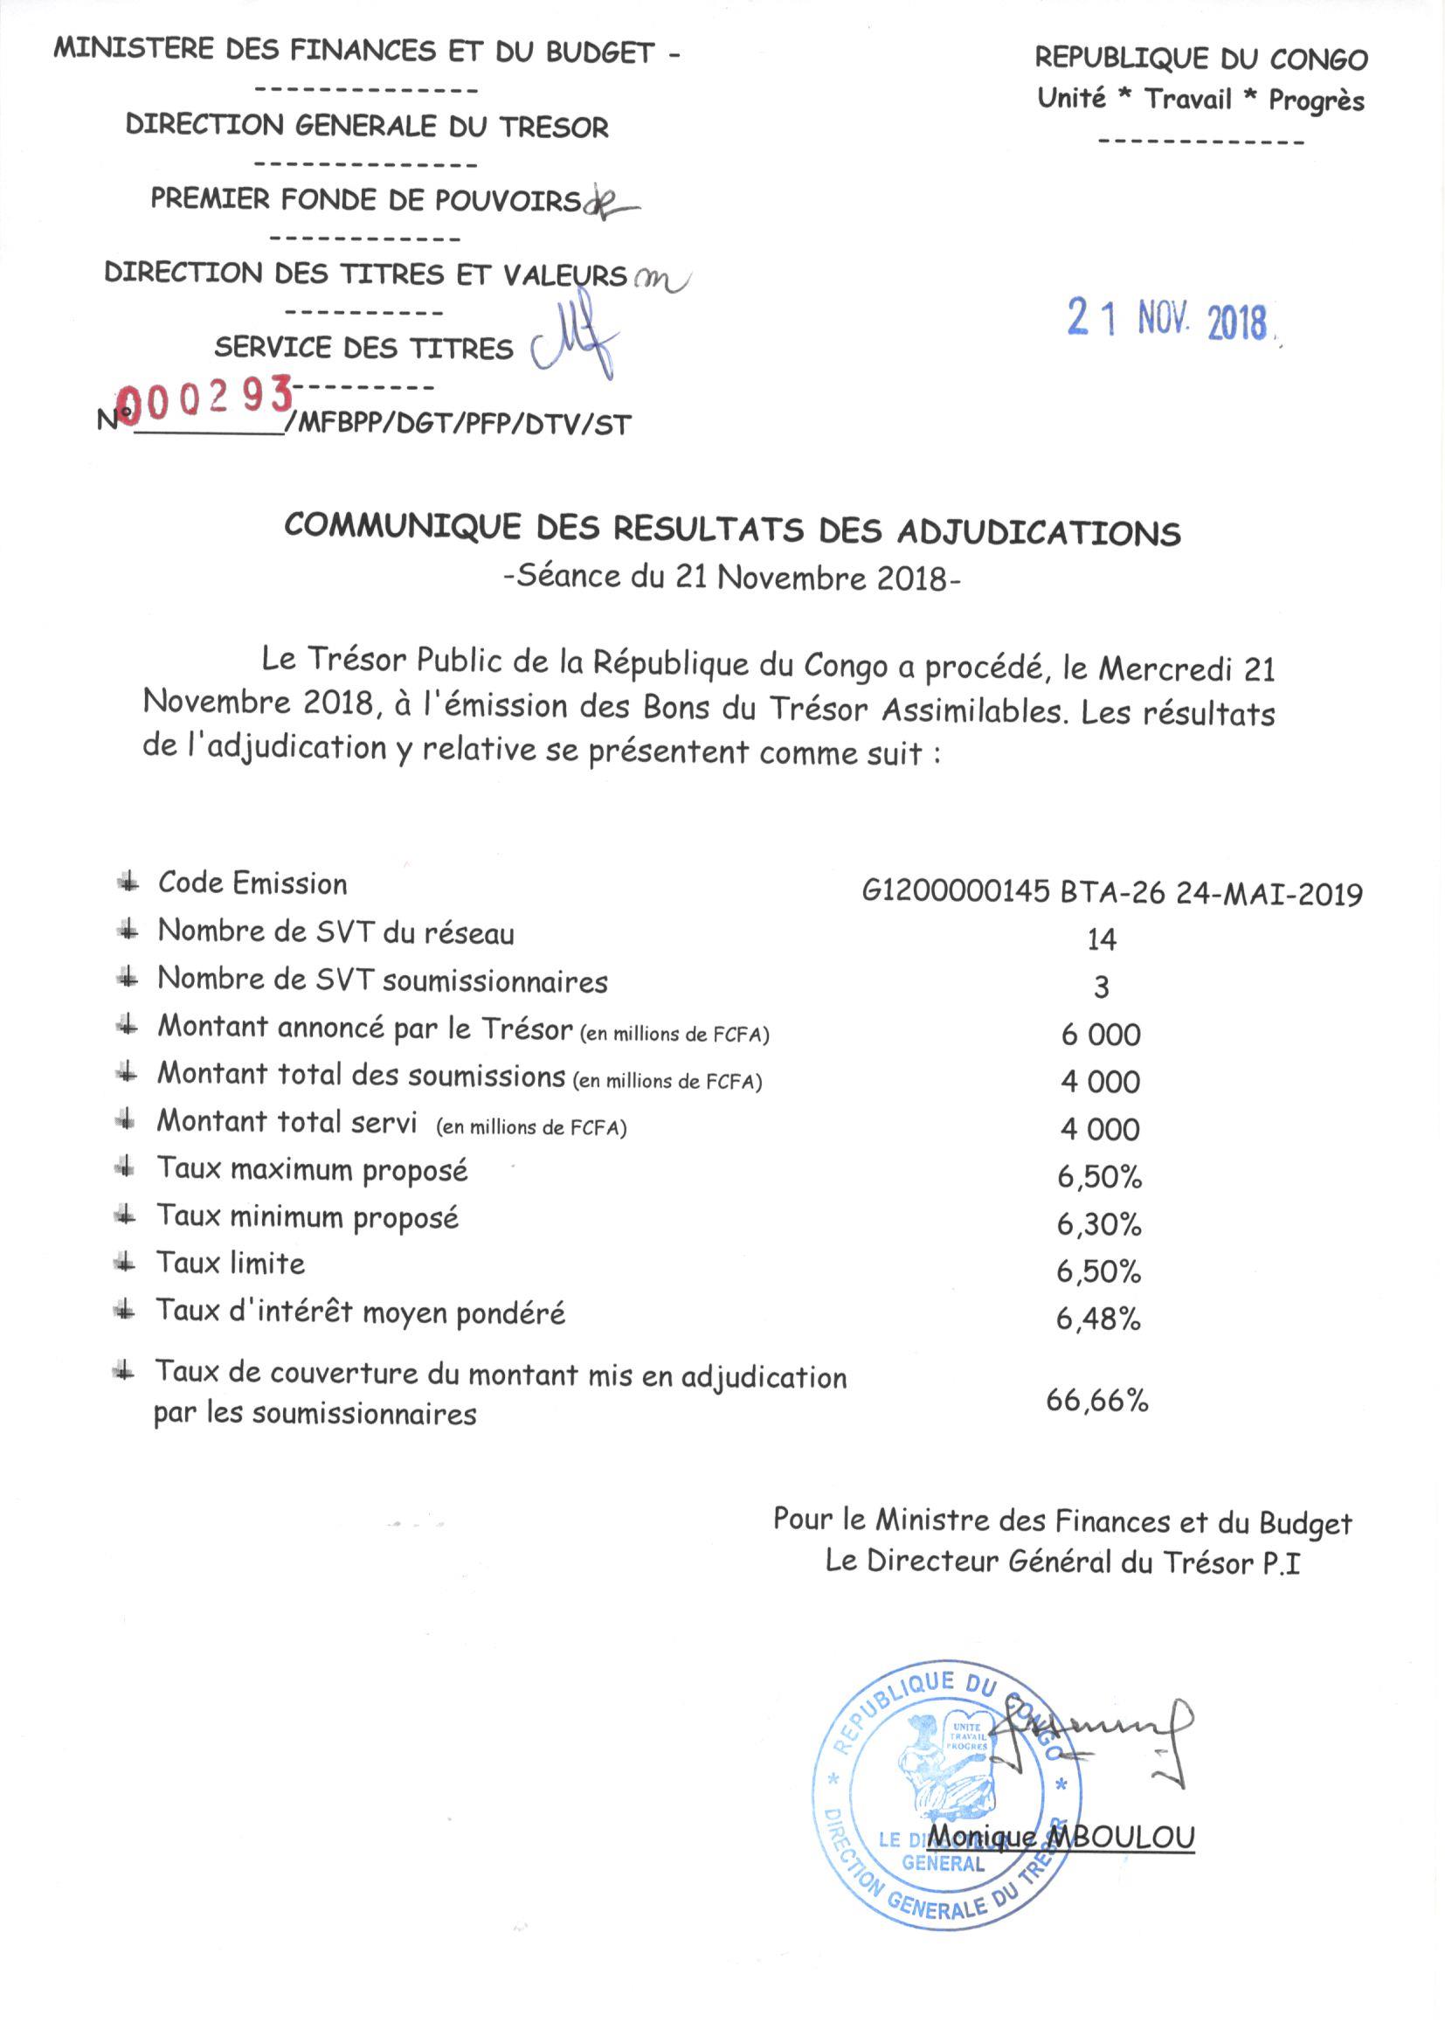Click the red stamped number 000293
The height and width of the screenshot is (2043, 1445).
tap(206, 397)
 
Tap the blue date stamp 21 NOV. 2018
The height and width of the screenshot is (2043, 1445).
tap(1167, 320)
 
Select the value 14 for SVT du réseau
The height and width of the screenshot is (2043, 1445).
tap(1102, 939)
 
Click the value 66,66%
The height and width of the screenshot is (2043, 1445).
tap(1097, 1401)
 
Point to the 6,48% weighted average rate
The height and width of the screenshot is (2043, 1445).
tap(1098, 1319)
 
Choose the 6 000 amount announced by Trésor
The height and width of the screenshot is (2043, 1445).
tap(1101, 1034)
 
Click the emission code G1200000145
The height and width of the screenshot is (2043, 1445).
tap(956, 891)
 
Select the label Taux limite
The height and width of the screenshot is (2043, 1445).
tap(231, 1264)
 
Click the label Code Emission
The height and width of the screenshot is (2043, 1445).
tap(252, 883)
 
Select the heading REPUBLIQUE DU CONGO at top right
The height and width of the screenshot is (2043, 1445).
tap(1200, 59)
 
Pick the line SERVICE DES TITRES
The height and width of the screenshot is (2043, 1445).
tap(364, 348)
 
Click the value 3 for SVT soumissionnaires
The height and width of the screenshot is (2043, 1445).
tap(1102, 987)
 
